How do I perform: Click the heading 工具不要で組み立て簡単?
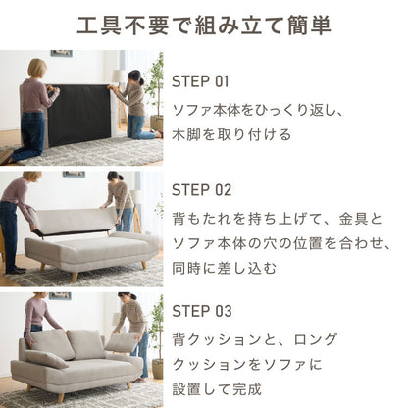point(204,25)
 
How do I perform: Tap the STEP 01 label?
point(200,81)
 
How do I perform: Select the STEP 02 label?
point(201,190)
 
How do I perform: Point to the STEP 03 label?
point(202,311)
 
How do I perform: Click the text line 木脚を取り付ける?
point(231,134)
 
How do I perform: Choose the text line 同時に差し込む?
point(224,268)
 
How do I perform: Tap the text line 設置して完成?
point(217,389)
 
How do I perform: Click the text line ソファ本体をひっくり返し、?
point(258,111)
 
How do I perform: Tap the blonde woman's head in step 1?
point(37,69)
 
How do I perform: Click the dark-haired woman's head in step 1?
point(134,77)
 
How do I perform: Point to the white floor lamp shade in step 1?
point(119,76)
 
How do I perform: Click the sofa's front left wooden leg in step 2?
point(76,277)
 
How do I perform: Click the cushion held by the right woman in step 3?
point(121,343)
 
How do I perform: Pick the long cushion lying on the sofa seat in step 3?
point(47,359)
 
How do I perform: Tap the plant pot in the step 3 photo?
point(157,368)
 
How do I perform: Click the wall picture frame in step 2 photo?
point(74,174)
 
